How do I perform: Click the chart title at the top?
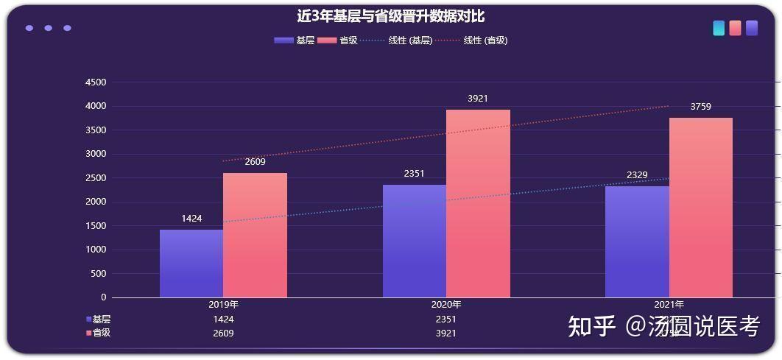click(390, 16)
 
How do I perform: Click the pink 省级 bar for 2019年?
click(255, 236)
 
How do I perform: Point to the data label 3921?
click(478, 98)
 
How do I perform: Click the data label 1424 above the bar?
click(191, 219)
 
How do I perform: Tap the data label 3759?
click(700, 107)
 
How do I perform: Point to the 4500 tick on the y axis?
click(96, 82)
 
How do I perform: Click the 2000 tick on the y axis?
click(96, 202)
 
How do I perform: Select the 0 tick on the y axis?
click(103, 297)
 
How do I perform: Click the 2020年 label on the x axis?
click(446, 305)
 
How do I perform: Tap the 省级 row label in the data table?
click(101, 333)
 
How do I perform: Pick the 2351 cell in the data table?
click(445, 320)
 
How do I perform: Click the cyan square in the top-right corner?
click(719, 28)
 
